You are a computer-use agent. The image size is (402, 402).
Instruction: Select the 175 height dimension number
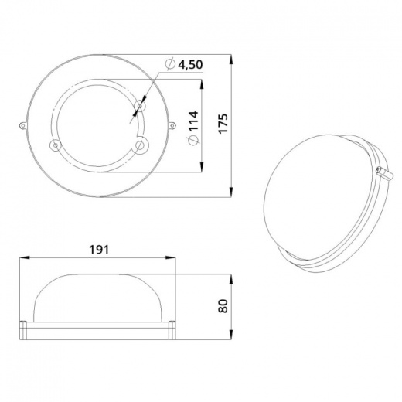coord(223,123)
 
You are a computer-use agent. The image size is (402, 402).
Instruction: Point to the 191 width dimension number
coord(99,250)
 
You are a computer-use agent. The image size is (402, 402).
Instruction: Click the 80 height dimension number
coord(223,306)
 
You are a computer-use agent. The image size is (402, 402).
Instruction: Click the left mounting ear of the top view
coord(23,125)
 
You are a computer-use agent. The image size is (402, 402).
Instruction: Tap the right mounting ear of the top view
coord(172,125)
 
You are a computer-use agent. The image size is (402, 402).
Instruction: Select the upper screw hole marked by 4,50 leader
coord(140,106)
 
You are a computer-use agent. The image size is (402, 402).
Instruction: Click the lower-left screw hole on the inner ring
coord(55,145)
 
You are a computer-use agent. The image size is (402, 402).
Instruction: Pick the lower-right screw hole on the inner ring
coord(141,145)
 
